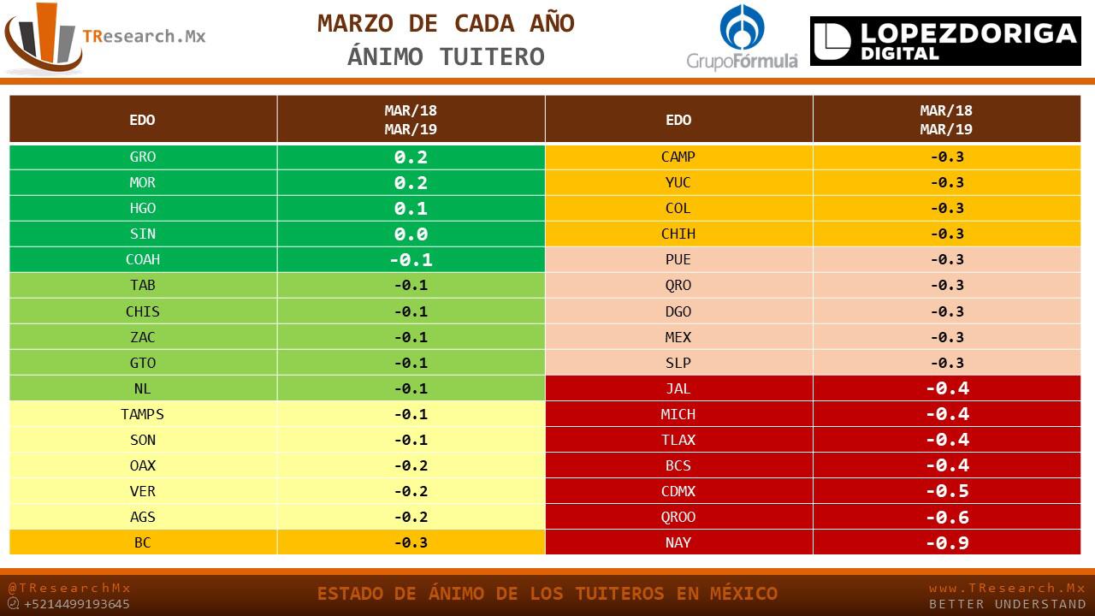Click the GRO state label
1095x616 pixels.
(143, 157)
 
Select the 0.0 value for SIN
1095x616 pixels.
(411, 234)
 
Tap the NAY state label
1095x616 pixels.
(678, 542)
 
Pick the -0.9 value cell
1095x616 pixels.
(946, 542)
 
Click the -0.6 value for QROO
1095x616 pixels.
(946, 517)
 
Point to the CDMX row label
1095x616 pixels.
(678, 491)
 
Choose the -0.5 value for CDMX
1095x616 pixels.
(946, 491)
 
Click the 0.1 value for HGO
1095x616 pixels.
(411, 209)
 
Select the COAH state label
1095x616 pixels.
(143, 260)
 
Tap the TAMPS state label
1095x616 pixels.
(143, 414)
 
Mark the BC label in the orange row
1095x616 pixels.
(143, 542)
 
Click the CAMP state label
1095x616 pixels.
(678, 157)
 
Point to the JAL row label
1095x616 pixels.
(678, 388)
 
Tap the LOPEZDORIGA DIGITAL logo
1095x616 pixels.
(945, 41)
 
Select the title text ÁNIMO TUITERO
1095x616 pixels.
(446, 57)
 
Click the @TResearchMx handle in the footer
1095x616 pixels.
(69, 588)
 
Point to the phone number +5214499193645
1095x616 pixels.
(77, 604)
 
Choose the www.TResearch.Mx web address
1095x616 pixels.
(1007, 588)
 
